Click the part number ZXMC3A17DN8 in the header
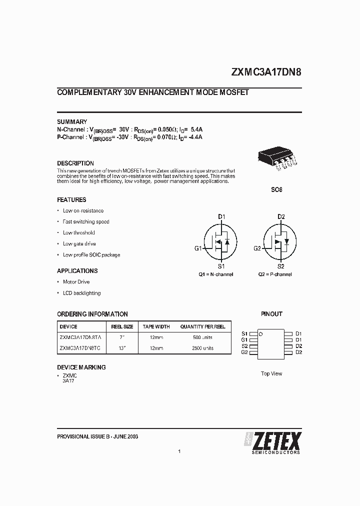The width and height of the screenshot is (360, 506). pos(266,71)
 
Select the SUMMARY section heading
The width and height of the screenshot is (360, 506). pos(72,121)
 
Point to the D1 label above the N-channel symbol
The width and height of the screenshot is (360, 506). pos(221,216)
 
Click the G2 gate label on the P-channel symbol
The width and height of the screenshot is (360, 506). pos(257,248)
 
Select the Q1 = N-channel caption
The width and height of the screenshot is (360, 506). pos(216,274)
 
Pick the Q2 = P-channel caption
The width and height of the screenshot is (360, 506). pos(275,274)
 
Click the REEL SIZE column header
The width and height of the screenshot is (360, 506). pos(121,326)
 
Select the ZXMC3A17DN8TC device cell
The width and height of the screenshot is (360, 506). pos(80,348)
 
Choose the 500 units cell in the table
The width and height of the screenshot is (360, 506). pos(203,337)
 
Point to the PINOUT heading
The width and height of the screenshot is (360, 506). pos(271,314)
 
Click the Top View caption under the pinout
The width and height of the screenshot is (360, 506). pos(271,373)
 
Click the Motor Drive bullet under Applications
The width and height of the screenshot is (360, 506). pos(76,282)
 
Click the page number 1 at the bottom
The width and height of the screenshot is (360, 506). pos(179,451)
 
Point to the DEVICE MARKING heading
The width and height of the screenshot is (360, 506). pos(81,367)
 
